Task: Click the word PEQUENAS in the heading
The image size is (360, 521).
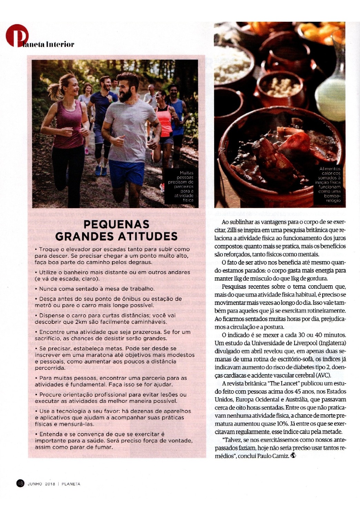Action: (x=116, y=225)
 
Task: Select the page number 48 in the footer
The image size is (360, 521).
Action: (x=20, y=483)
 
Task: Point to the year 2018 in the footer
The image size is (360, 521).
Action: (x=50, y=484)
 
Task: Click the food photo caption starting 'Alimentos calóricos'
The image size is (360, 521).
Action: (x=329, y=185)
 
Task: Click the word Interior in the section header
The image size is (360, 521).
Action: (x=60, y=44)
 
